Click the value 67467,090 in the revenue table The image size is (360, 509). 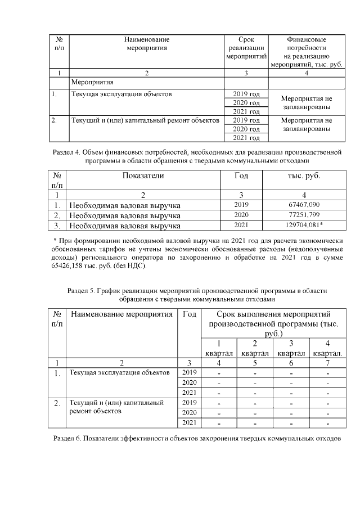click(303, 205)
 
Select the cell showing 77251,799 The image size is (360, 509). click(303, 215)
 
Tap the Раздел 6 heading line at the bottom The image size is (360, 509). click(197, 438)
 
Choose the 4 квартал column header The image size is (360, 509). click(327, 348)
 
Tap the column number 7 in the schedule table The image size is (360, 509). click(327, 362)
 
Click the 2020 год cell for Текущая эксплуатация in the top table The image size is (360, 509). click(246, 103)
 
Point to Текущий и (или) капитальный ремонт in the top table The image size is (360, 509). click(144, 120)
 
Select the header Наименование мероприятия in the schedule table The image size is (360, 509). click(121, 314)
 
